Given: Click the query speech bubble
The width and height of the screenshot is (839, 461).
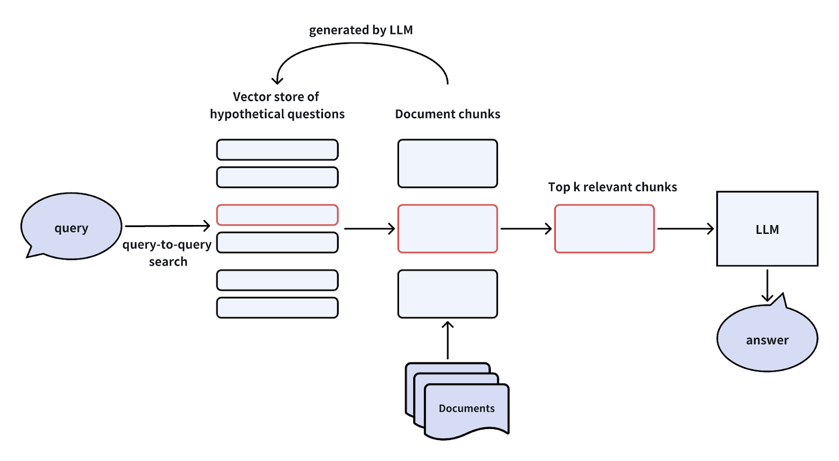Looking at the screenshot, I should point(71,226).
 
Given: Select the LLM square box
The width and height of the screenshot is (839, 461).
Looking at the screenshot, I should point(767,229).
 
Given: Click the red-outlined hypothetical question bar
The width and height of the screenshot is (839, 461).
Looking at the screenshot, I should point(277,215).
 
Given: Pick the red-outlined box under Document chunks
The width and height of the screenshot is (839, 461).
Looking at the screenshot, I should point(447,229).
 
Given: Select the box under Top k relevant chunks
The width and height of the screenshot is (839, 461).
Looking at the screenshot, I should point(604,229).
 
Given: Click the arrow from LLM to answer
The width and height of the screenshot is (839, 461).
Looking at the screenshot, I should point(767,286).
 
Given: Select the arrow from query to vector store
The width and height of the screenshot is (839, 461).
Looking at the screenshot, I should point(168,226).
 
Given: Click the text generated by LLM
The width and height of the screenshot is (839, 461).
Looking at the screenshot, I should point(361,30).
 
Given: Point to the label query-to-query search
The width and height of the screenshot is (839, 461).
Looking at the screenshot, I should point(167,253).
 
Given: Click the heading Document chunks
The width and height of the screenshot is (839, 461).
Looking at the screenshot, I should point(447,114).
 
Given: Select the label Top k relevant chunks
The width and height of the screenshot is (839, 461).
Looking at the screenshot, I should point(612,187).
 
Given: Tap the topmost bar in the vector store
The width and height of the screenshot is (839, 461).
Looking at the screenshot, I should point(277,149).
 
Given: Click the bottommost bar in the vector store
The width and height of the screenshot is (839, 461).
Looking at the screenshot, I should point(277,308).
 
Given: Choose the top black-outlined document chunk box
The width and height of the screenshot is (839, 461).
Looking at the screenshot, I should point(447,163).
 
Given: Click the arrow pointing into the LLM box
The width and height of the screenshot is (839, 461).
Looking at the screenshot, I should point(685,229).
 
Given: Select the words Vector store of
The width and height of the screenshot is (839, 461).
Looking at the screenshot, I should point(276,97).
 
